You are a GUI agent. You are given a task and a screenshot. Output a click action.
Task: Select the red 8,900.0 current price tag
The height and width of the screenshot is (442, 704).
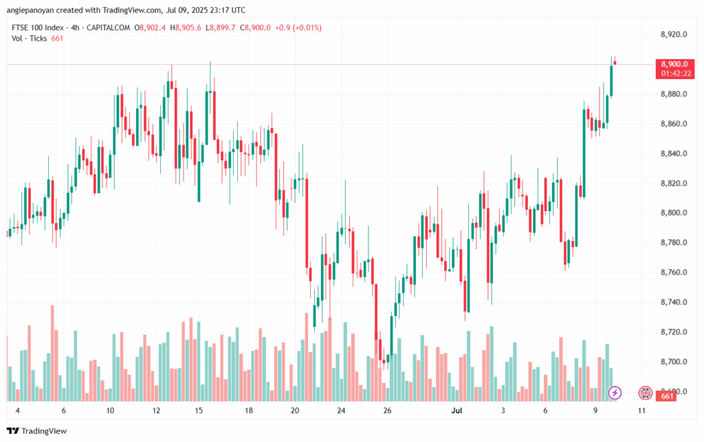(674, 63)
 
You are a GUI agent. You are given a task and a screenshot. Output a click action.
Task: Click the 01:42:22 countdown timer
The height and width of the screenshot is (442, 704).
(674, 72)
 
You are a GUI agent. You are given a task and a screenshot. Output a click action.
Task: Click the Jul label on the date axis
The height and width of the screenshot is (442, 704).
(456, 410)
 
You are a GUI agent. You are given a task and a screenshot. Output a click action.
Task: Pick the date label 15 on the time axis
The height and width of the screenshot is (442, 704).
(199, 410)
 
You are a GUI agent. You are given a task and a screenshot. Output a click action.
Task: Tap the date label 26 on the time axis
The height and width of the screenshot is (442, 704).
(387, 410)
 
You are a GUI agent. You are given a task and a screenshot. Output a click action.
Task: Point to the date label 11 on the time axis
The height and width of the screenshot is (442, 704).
(641, 410)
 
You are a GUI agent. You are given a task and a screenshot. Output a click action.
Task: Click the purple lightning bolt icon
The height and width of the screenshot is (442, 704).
(615, 392)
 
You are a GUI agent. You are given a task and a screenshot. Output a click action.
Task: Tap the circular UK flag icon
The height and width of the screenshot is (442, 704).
(645, 392)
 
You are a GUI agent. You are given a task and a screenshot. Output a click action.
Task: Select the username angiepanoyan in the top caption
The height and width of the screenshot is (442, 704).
(31, 9)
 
